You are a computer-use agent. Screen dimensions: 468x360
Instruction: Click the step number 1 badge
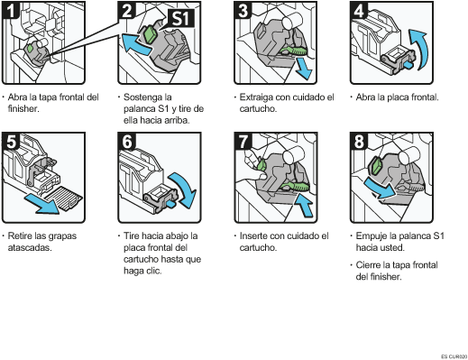point(11,10)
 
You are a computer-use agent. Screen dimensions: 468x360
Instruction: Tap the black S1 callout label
point(181,18)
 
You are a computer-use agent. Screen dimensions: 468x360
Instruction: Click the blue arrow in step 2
point(136,44)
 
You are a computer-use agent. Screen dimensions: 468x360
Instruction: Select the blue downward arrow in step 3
point(303,69)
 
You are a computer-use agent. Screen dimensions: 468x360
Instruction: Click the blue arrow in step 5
point(42,204)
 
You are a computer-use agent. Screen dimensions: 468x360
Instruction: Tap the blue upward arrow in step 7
point(304,205)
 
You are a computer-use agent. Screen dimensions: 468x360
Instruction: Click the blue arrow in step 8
point(381,188)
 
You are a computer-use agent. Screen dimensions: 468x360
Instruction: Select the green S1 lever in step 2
point(150,34)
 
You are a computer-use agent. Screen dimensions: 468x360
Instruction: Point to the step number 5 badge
point(11,141)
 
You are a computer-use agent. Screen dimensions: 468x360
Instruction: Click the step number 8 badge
point(359,141)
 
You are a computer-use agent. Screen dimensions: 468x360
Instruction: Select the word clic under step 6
point(154,271)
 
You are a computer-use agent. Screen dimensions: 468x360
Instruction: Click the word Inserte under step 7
point(253,235)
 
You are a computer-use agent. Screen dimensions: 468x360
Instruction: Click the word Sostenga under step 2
point(147,97)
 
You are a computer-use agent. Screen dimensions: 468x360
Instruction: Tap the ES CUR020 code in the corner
point(454,356)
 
